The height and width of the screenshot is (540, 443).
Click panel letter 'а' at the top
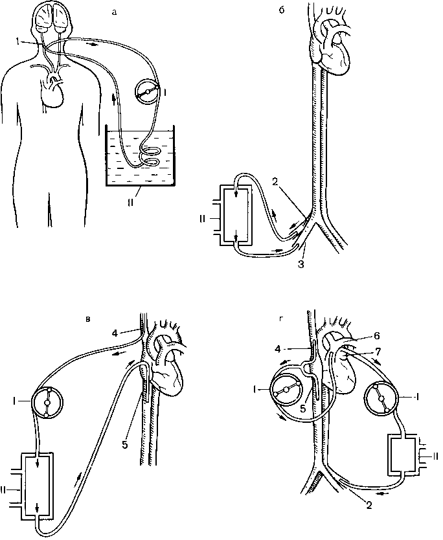click(x=115, y=13)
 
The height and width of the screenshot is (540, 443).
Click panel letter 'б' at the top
click(x=281, y=10)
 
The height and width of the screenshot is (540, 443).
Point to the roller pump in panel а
click(x=148, y=91)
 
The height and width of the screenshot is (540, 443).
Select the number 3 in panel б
click(x=301, y=265)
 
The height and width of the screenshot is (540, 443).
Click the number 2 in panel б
click(x=275, y=183)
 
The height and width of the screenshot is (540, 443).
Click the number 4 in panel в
click(x=115, y=333)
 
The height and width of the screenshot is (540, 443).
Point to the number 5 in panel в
click(x=125, y=445)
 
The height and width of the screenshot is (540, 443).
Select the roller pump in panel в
click(x=47, y=401)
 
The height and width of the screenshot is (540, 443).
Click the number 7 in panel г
click(x=378, y=352)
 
